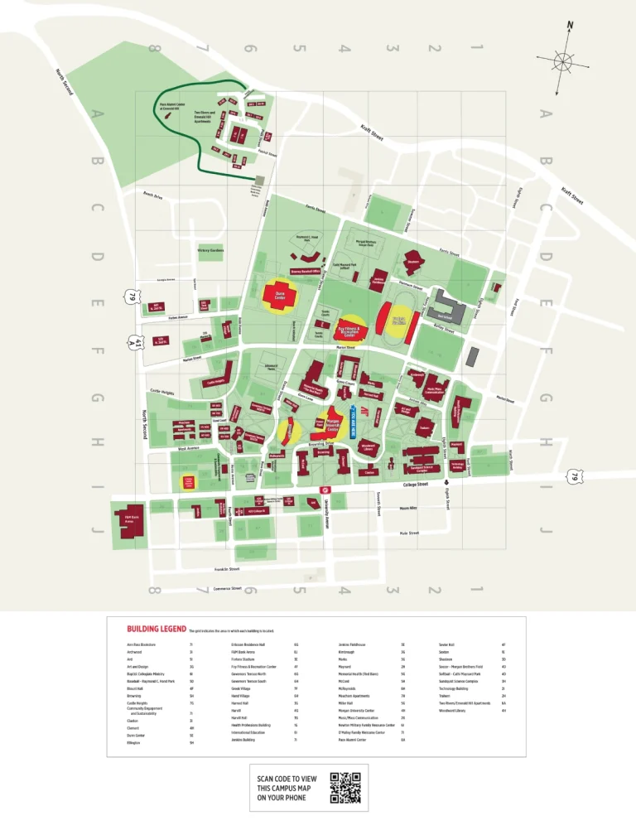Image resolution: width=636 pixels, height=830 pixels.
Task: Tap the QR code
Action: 345,788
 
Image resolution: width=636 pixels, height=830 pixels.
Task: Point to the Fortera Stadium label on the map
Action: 397,321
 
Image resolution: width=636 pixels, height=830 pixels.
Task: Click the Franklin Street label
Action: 227,569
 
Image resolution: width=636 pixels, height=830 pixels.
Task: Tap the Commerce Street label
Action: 226,589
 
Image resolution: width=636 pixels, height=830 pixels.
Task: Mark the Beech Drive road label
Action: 154,195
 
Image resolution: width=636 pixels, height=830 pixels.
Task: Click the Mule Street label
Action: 409,533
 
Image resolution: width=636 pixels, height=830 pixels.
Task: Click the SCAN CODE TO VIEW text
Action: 287,779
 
